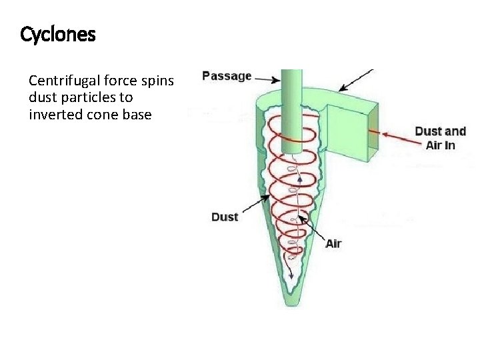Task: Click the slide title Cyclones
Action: (58, 34)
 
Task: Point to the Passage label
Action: (227, 76)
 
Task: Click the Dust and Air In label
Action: (440, 138)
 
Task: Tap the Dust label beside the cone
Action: (225, 217)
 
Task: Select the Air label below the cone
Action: (333, 243)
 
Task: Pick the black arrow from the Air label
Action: (311, 229)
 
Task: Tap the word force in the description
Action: (115, 81)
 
